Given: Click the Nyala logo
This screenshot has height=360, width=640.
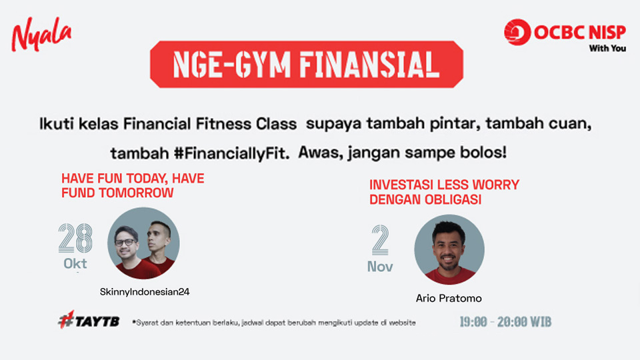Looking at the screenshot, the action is click(41, 34).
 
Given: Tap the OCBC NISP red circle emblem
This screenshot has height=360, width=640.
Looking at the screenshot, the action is click(517, 32).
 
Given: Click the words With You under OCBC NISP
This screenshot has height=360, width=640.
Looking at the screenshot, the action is click(607, 48).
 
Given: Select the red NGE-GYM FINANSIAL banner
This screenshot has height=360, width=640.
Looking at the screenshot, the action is click(307, 65).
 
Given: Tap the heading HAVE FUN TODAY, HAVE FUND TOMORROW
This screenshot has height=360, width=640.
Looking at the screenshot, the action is click(133, 185).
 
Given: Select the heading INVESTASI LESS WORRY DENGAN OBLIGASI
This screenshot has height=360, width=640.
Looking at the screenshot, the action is click(444, 192).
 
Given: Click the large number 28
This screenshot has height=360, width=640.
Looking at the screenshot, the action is click(75, 238).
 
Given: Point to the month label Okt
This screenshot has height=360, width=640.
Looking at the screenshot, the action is click(75, 264).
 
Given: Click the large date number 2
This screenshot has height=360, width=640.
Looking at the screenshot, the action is click(380, 240).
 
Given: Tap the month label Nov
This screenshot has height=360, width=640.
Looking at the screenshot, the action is click(380, 267).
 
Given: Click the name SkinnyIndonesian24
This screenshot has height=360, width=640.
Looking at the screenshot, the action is click(145, 292).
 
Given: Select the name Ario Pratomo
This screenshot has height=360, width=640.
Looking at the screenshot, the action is click(449, 299).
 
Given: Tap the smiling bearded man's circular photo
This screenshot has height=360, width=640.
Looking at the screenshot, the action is click(449, 250).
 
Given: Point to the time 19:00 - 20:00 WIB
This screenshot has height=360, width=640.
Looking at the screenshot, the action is click(505, 322).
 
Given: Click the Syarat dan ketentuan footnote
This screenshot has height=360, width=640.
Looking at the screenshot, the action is click(274, 323).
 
